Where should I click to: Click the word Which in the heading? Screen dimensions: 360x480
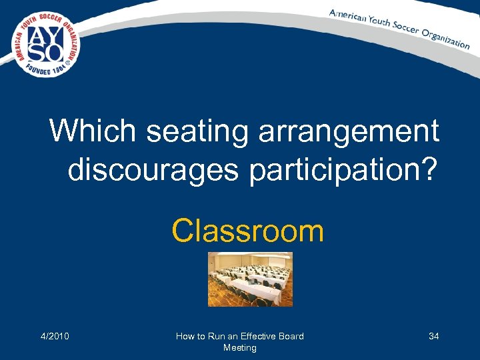click(93, 131)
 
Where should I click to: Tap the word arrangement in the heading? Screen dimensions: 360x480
click(353, 132)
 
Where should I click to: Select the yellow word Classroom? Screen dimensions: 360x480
click(247, 231)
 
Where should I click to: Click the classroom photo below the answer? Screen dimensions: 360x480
click(249, 279)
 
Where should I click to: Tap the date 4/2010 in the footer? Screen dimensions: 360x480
click(55, 336)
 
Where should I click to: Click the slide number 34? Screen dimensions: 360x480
click(433, 336)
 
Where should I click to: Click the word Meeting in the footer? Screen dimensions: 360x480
click(239, 347)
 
